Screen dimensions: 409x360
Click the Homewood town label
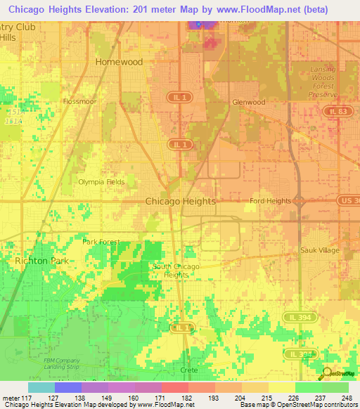click(119, 62)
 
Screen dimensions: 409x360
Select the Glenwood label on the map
click(249, 102)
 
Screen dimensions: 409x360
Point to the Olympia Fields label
click(101, 182)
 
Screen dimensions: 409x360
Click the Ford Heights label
click(270, 201)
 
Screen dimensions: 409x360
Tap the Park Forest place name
click(101, 242)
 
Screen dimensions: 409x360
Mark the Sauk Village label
click(319, 250)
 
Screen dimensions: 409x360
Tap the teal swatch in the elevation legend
click(41, 387)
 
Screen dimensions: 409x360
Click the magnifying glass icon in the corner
click(325, 374)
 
